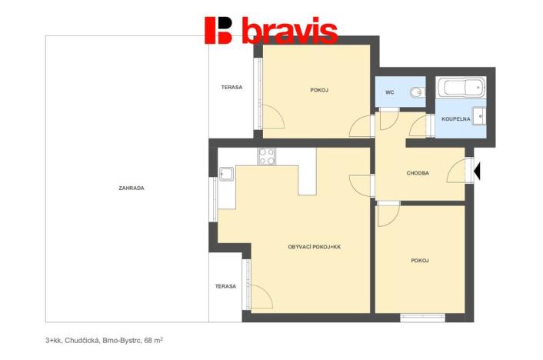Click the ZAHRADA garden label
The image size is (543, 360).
pyautogui.click(x=132, y=188)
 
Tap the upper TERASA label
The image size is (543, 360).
pyautogui.click(x=232, y=87)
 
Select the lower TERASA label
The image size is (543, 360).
pyautogui.click(x=225, y=285)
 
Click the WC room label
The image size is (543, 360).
pyautogui.click(x=390, y=93)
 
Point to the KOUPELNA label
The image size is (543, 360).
pyautogui.click(x=456, y=119)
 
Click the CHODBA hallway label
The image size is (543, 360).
pyautogui.click(x=418, y=173)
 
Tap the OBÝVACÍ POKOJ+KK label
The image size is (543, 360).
pyautogui.click(x=314, y=246)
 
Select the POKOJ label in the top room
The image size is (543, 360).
pyautogui.click(x=319, y=90)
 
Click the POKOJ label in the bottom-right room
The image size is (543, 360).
pyautogui.click(x=420, y=261)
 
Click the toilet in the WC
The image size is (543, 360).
pyautogui.click(x=415, y=93)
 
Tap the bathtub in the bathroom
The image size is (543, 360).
pyautogui.click(x=461, y=89)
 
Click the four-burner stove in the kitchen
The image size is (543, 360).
pyautogui.click(x=267, y=156)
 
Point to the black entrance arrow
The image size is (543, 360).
pyautogui.click(x=477, y=172)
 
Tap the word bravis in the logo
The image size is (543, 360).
pyautogui.click(x=289, y=31)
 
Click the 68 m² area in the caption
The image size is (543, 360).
pyautogui.click(x=153, y=338)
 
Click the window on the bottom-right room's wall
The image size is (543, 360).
pyautogui.click(x=422, y=316)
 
